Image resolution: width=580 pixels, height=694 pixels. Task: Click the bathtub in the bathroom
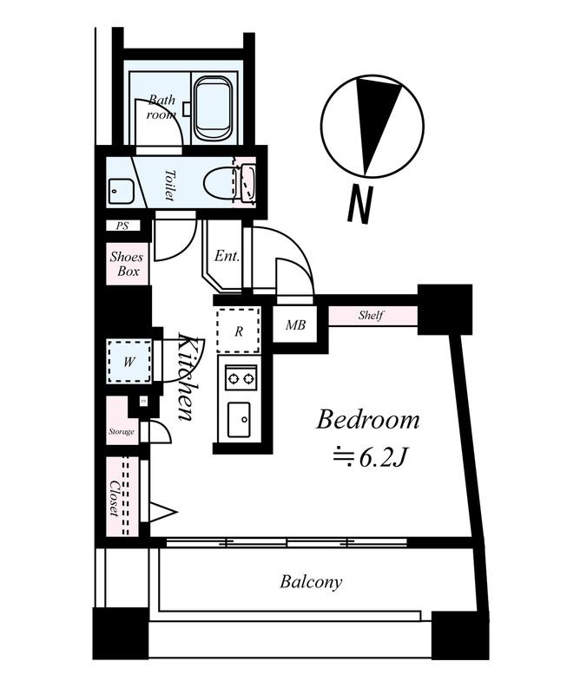(213, 108)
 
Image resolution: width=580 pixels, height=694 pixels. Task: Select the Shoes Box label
(127, 264)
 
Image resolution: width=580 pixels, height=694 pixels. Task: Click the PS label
(122, 226)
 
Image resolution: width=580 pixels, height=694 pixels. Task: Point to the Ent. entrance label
(227, 256)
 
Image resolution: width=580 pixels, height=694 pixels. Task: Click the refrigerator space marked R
(239, 331)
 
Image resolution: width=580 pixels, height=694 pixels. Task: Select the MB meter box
(295, 324)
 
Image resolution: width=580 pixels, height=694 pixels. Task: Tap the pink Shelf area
(372, 316)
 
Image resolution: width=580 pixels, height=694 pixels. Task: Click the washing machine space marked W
(129, 362)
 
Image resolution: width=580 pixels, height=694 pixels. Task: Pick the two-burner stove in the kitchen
(241, 378)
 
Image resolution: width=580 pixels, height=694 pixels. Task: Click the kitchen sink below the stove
(239, 420)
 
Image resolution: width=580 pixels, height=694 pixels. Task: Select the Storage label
(121, 431)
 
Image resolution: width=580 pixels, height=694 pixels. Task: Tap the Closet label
(115, 498)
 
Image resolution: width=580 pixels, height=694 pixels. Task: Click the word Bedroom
(368, 420)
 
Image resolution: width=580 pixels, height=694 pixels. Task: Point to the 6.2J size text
(382, 459)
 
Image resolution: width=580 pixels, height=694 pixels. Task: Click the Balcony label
(311, 581)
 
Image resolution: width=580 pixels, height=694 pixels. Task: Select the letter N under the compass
(359, 204)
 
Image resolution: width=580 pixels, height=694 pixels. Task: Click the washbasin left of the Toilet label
(120, 191)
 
